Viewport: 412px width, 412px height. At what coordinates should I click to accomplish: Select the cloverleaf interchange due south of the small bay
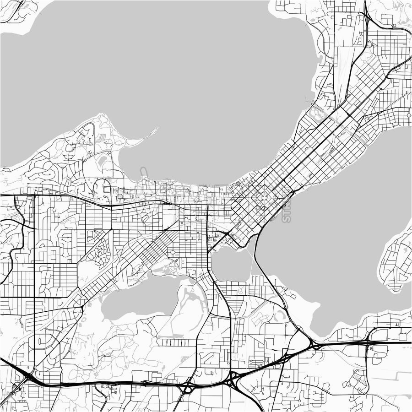click(234, 379)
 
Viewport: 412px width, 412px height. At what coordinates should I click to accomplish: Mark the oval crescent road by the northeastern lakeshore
click(316, 112)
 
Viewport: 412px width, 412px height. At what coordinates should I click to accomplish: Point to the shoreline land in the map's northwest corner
click(14, 11)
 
